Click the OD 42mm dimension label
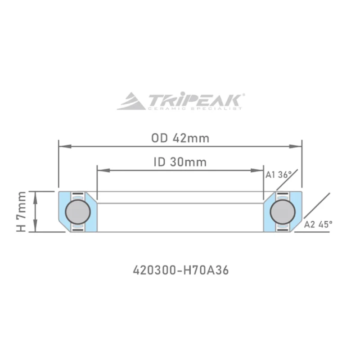pyautogui.click(x=180, y=138)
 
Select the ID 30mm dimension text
pyautogui.click(x=180, y=162)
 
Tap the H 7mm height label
pyautogui.click(x=21, y=211)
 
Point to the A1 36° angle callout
pyautogui.click(x=279, y=175)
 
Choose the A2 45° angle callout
pyautogui.click(x=318, y=224)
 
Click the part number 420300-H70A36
pyautogui.click(x=181, y=270)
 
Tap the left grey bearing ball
pyautogui.click(x=78, y=211)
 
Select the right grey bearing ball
pyautogui.click(x=283, y=211)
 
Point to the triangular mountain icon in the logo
pyautogui.click(x=131, y=101)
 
